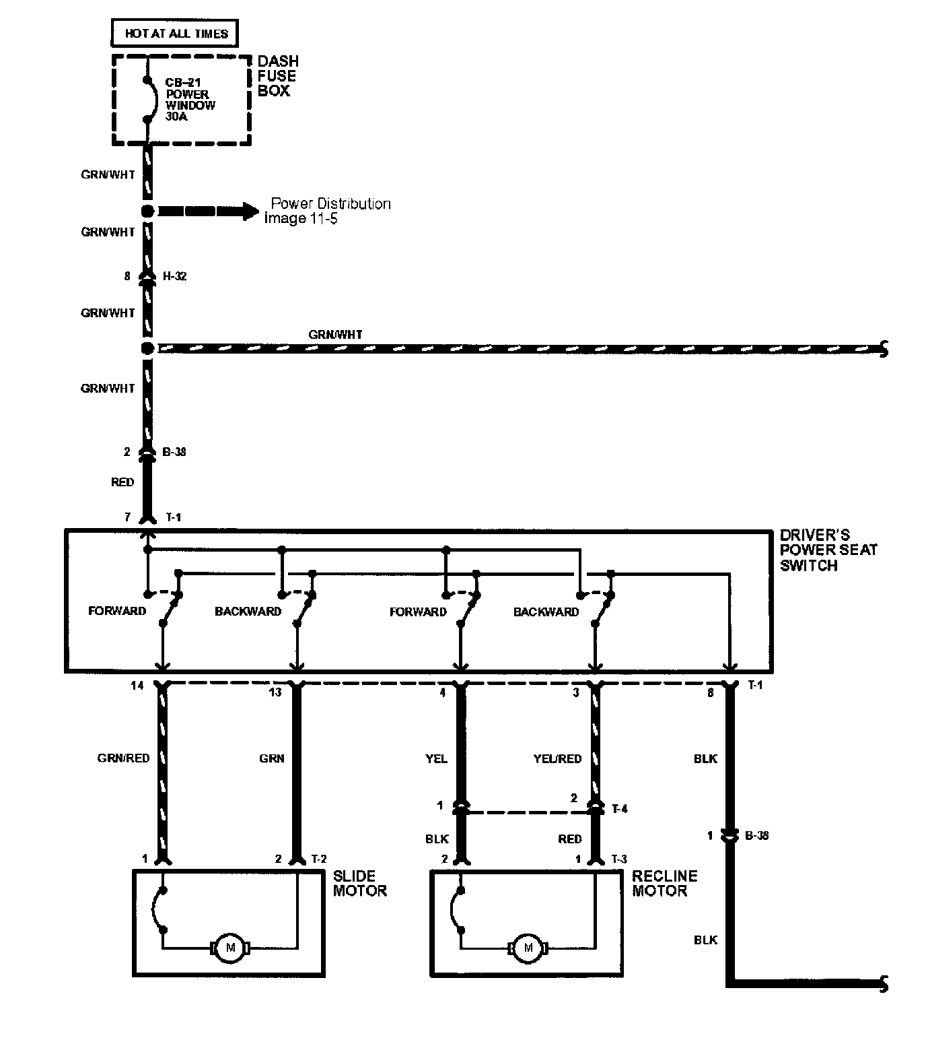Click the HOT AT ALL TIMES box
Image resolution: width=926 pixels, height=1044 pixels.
coord(174,34)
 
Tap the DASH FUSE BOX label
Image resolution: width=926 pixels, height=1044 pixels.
coord(277,76)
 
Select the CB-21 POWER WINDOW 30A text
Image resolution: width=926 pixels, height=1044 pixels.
coord(190,100)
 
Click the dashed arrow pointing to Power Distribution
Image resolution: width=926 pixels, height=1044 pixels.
coord(207,211)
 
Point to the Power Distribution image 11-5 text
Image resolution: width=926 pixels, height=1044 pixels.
coord(328,211)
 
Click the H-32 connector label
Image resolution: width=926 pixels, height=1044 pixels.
coord(174,276)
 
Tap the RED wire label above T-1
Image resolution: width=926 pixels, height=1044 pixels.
coord(122,482)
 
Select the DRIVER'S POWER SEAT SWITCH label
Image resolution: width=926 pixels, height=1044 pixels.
coord(828,550)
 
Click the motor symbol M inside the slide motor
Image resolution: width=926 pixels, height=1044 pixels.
coord(230,947)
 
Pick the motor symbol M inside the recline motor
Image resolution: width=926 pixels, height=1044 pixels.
coord(528,947)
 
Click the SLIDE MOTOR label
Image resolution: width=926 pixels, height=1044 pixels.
coord(359,883)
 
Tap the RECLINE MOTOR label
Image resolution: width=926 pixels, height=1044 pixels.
coord(664,883)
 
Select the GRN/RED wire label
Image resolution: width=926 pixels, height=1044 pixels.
coord(123,758)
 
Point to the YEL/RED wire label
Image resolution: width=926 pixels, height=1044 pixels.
coord(557,758)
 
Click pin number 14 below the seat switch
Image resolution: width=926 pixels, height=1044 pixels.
coord(137,686)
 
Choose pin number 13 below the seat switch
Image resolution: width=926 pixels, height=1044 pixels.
coord(275,692)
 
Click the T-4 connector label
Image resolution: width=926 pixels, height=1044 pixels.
coord(620,809)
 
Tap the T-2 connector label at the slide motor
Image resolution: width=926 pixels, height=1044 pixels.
coord(319,859)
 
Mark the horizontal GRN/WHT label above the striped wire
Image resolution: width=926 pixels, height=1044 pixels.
coord(335,335)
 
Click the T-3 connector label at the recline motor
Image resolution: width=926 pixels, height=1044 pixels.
coord(619,859)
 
